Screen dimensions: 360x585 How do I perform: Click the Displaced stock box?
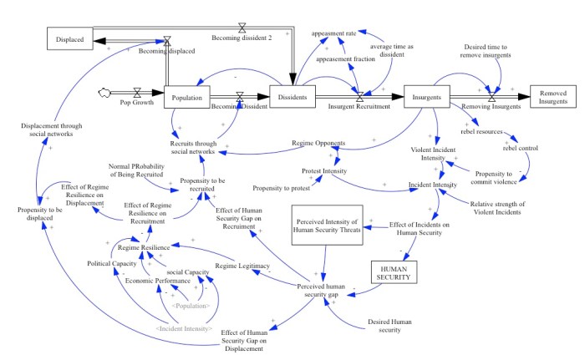(x=69, y=38)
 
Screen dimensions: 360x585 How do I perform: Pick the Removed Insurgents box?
(x=553, y=97)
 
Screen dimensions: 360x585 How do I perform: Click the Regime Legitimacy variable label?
(x=242, y=266)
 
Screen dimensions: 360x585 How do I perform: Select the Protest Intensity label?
(x=324, y=171)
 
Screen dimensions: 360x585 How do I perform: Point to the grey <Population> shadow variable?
(x=191, y=306)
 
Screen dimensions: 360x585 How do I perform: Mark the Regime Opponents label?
(x=320, y=142)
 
